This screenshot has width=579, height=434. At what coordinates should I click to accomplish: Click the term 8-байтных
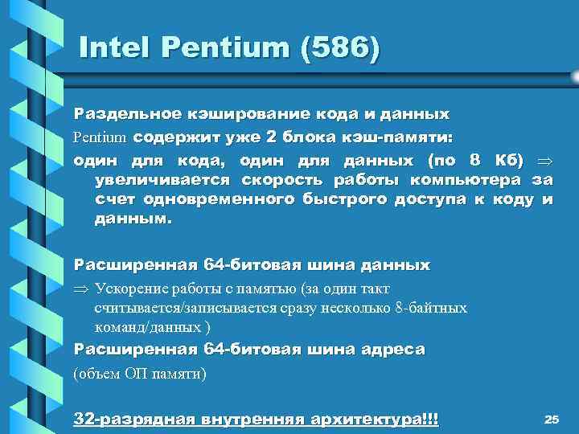click(x=429, y=308)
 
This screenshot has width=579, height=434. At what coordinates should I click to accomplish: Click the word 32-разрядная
click(x=126, y=419)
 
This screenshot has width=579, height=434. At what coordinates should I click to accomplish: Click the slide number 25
click(x=551, y=419)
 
